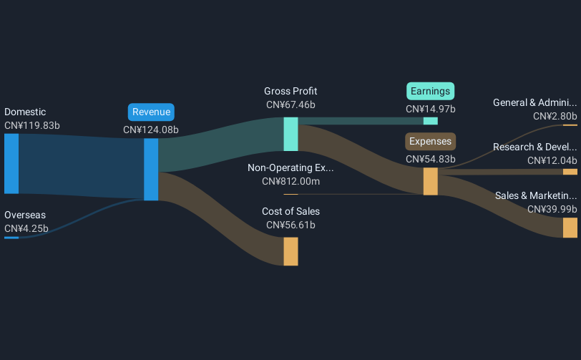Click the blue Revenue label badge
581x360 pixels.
[x=151, y=112]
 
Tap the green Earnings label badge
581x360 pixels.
[x=431, y=91]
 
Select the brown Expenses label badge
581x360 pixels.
[x=430, y=141]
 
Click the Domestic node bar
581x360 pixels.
[x=11, y=163]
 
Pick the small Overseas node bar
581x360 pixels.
[x=11, y=238]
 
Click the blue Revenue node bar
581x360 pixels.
[x=151, y=169]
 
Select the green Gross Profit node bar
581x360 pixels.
[x=290, y=134]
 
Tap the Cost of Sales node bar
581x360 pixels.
[x=290, y=251]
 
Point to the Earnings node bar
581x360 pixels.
[x=430, y=121]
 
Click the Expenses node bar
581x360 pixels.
[x=430, y=181]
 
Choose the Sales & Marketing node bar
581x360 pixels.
[x=570, y=228]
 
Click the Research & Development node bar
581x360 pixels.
[x=570, y=172]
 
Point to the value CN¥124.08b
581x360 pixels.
[x=151, y=130]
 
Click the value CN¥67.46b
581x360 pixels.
[x=290, y=104]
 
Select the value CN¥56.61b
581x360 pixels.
[x=290, y=225]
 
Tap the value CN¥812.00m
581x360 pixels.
[x=290, y=181]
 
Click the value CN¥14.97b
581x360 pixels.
[x=430, y=109]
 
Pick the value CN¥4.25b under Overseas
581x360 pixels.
[x=26, y=228]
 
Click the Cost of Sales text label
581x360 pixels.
[x=290, y=211]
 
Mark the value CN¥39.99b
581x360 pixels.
[x=552, y=209]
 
